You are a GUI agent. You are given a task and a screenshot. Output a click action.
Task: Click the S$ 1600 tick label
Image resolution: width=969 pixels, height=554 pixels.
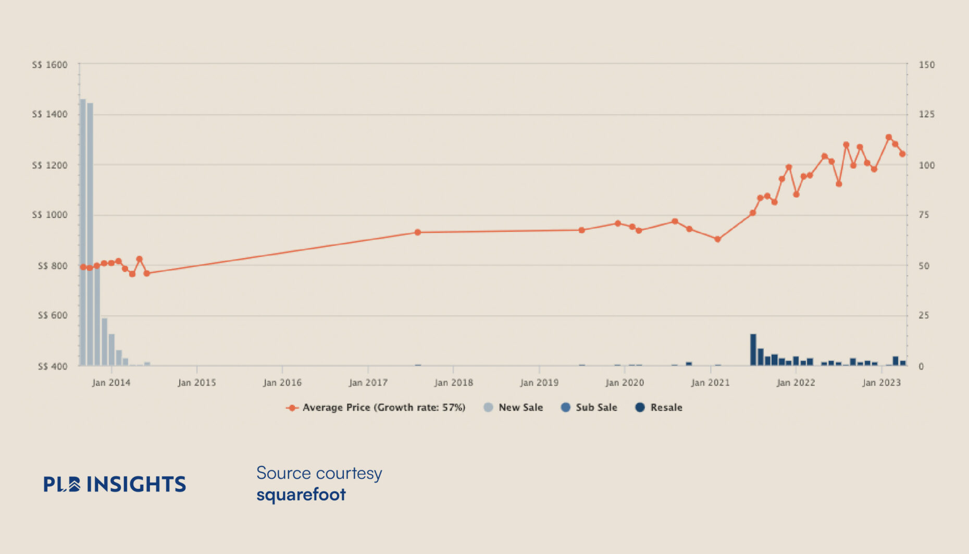[x=50, y=65]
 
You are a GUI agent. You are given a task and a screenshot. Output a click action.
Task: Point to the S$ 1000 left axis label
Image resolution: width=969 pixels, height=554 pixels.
[x=50, y=215]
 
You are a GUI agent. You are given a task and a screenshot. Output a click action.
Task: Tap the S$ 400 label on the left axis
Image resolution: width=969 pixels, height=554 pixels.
[x=53, y=366]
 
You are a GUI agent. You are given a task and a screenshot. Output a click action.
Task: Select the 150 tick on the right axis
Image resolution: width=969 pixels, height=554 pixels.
[x=926, y=65]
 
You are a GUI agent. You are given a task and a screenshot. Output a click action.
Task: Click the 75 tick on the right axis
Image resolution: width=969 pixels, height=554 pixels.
[x=924, y=215]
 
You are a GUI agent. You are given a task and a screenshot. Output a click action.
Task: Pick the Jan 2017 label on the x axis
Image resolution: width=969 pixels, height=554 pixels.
[x=368, y=383]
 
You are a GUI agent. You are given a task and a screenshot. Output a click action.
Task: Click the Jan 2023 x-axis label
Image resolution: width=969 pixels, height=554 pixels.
[x=881, y=383]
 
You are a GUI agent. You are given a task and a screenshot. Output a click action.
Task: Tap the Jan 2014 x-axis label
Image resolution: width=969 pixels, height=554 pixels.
[x=111, y=383]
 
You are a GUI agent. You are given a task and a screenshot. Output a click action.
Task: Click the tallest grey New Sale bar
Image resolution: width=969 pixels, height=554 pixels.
[x=83, y=232]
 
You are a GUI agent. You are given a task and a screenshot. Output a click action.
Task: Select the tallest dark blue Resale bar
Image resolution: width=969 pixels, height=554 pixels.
[x=753, y=349]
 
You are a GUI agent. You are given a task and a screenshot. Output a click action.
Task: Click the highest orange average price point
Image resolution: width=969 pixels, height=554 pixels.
[x=889, y=138]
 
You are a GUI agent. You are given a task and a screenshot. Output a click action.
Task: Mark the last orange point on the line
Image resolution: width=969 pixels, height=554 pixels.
[x=902, y=154]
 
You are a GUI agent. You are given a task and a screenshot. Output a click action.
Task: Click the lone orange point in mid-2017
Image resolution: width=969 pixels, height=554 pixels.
[x=417, y=232]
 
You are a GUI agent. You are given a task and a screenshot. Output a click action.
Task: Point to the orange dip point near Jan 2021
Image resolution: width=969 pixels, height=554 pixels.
[x=717, y=239]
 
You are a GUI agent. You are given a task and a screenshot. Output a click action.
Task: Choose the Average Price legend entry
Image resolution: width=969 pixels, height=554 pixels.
[x=376, y=408]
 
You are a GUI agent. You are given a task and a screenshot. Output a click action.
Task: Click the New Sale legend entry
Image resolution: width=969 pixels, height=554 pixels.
[x=514, y=408]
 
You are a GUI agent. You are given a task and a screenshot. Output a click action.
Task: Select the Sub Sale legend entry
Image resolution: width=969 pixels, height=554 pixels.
[x=589, y=408]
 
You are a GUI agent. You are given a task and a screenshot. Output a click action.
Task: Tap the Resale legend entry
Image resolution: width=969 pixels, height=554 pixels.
[x=659, y=408]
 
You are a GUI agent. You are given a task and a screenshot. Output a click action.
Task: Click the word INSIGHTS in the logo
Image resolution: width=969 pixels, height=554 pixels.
[x=136, y=484]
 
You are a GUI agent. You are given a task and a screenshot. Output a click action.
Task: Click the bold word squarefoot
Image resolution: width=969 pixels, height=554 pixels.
[x=301, y=494]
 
